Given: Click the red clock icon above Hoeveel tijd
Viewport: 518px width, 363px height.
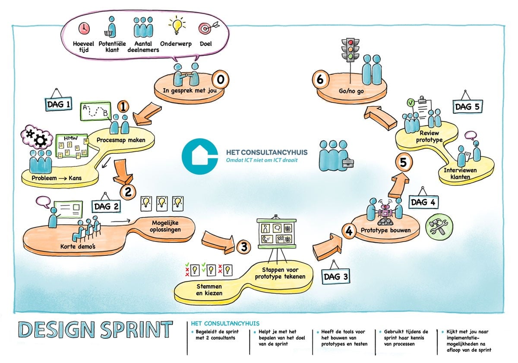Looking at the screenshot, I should pyautogui.click(x=83, y=29).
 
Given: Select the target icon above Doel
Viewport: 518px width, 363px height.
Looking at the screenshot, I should pyautogui.click(x=205, y=29).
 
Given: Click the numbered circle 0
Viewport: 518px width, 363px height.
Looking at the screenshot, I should pyautogui.click(x=221, y=80).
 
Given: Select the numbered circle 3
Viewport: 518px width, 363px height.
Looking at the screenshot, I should pyautogui.click(x=244, y=247).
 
